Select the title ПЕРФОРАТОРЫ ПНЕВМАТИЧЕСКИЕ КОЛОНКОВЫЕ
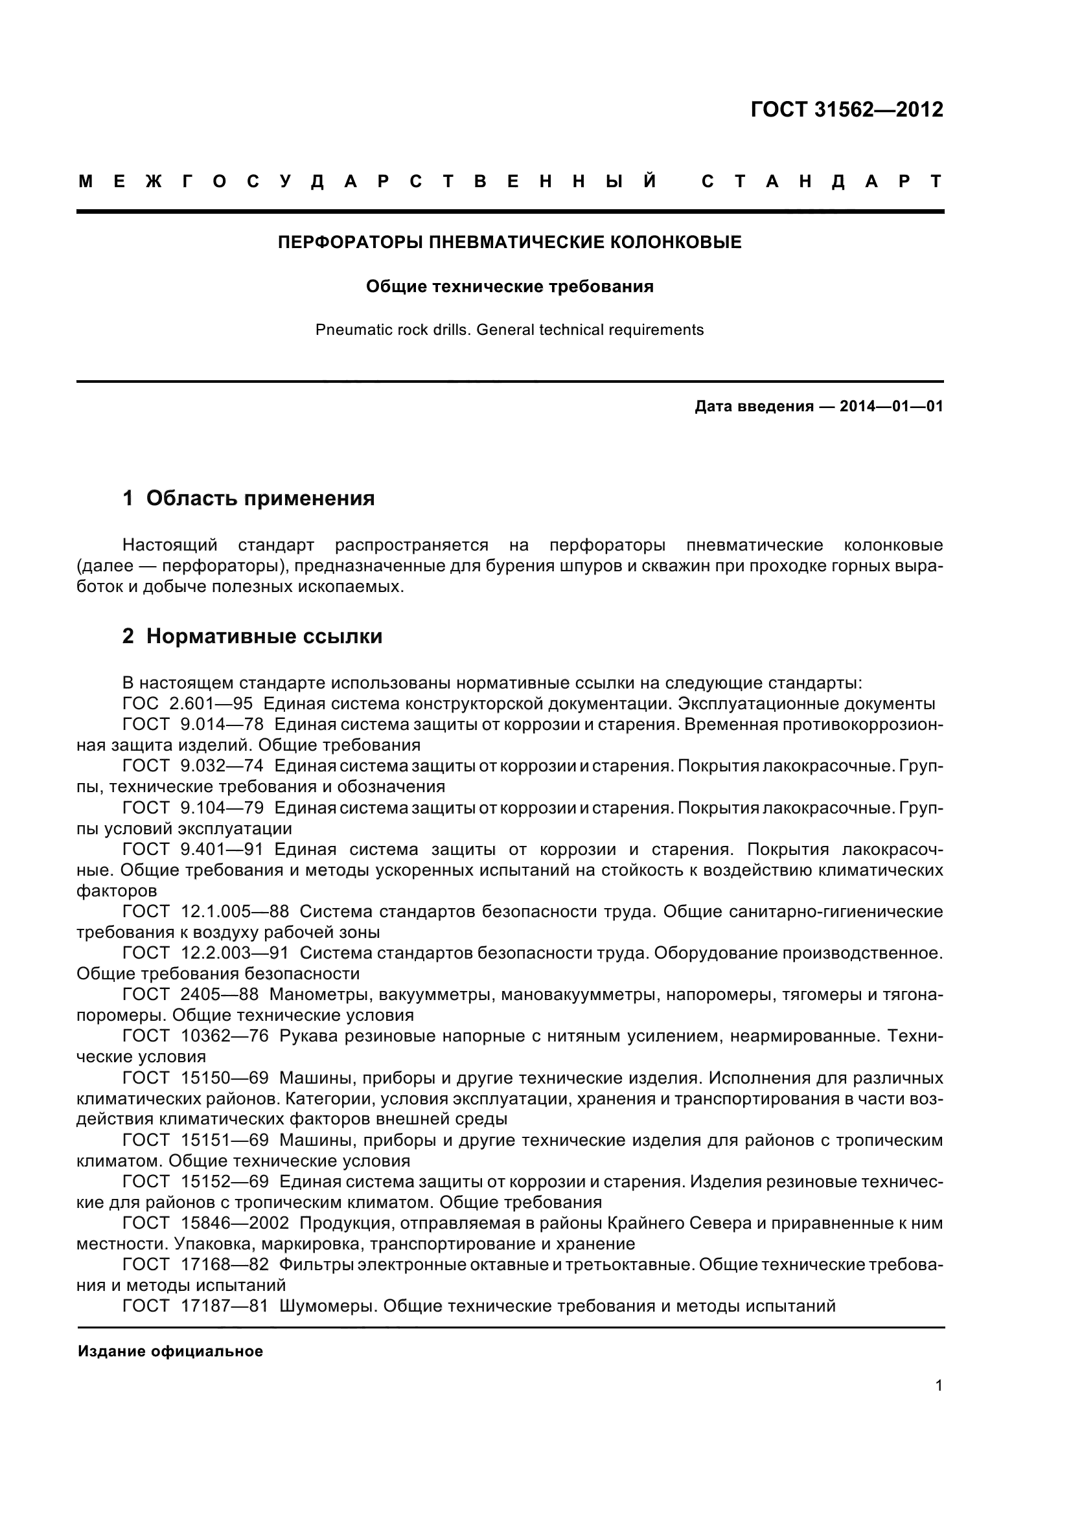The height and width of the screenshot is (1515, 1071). click(509, 242)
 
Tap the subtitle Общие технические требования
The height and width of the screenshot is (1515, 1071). click(509, 286)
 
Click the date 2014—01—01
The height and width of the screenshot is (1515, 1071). click(891, 407)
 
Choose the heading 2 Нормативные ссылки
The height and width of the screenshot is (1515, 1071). click(252, 636)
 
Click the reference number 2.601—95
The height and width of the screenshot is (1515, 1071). click(211, 703)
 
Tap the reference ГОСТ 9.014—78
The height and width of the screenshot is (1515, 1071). click(192, 724)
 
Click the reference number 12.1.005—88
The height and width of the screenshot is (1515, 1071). click(235, 911)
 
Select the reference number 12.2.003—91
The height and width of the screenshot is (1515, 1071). click(235, 953)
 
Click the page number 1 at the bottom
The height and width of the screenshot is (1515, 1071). click(938, 1385)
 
